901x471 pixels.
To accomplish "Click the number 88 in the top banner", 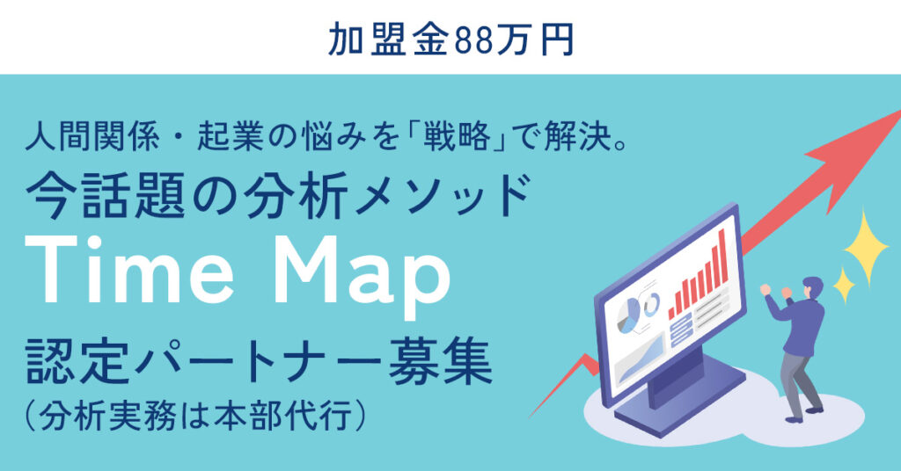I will [475, 39].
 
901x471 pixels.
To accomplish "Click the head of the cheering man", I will [812, 286].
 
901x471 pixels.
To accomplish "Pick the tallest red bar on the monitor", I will [723, 256].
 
